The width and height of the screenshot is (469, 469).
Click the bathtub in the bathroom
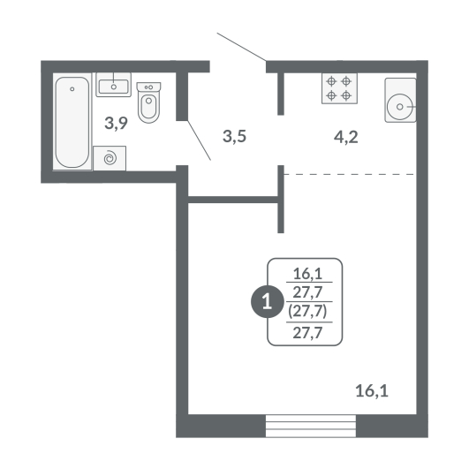72,122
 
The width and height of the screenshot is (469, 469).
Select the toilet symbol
148,102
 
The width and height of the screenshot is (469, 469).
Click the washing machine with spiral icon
110,158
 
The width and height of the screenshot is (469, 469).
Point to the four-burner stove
339,88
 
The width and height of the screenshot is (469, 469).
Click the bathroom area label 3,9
116,123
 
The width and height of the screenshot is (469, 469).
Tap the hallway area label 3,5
235,136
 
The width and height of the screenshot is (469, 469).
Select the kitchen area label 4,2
345,138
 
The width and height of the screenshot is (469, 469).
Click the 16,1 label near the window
372,391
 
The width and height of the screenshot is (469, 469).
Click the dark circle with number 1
267,302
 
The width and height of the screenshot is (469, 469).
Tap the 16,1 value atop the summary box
307,274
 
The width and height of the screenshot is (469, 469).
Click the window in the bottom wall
311,426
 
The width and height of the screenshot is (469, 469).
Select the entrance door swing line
242,47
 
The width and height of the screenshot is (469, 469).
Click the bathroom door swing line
200,140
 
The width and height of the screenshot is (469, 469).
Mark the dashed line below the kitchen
349,174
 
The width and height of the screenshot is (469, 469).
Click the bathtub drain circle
72,89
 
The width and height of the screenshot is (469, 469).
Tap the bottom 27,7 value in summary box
307,333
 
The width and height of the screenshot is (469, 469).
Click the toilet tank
148,87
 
